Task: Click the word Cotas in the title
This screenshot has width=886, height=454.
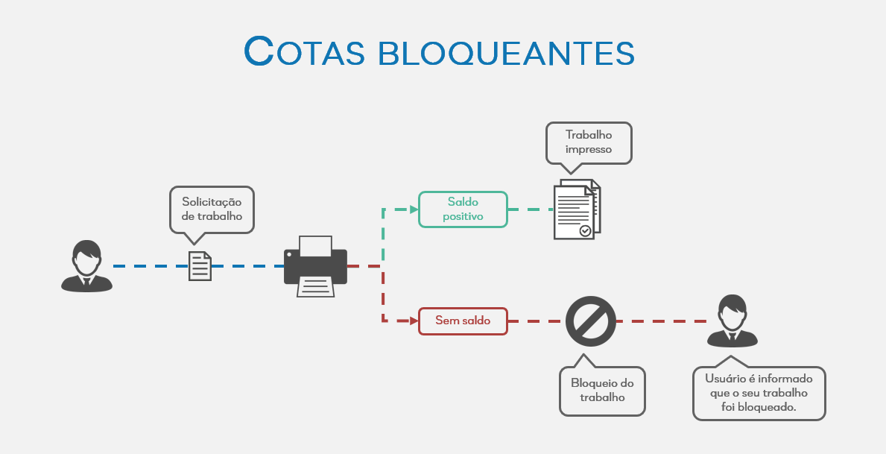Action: [x=303, y=51]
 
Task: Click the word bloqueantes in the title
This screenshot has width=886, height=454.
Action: [x=507, y=51]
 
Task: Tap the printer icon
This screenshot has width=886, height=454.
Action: [x=315, y=266]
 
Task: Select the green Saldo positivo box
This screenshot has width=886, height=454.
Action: [x=463, y=209]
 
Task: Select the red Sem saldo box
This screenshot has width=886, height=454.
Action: [x=463, y=321]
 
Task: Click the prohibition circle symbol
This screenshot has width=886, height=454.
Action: [x=591, y=321]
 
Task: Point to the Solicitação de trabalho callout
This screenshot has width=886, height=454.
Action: [x=212, y=209]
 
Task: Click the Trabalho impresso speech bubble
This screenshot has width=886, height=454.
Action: [x=589, y=142]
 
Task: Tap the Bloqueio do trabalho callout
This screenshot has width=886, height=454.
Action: [x=602, y=390]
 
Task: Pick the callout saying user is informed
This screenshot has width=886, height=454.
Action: [x=759, y=393]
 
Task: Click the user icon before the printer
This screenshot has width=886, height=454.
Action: [x=87, y=265]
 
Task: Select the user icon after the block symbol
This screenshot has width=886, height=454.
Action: [x=732, y=321]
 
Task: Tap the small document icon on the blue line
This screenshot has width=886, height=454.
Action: [x=200, y=266]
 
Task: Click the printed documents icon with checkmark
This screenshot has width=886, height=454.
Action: [x=577, y=209]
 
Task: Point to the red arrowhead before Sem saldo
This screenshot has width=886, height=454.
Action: [x=412, y=321]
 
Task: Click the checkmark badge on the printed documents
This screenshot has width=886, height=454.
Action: [x=585, y=231]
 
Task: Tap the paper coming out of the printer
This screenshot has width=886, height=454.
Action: [x=315, y=286]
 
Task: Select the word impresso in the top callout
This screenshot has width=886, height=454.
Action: [x=589, y=149]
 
